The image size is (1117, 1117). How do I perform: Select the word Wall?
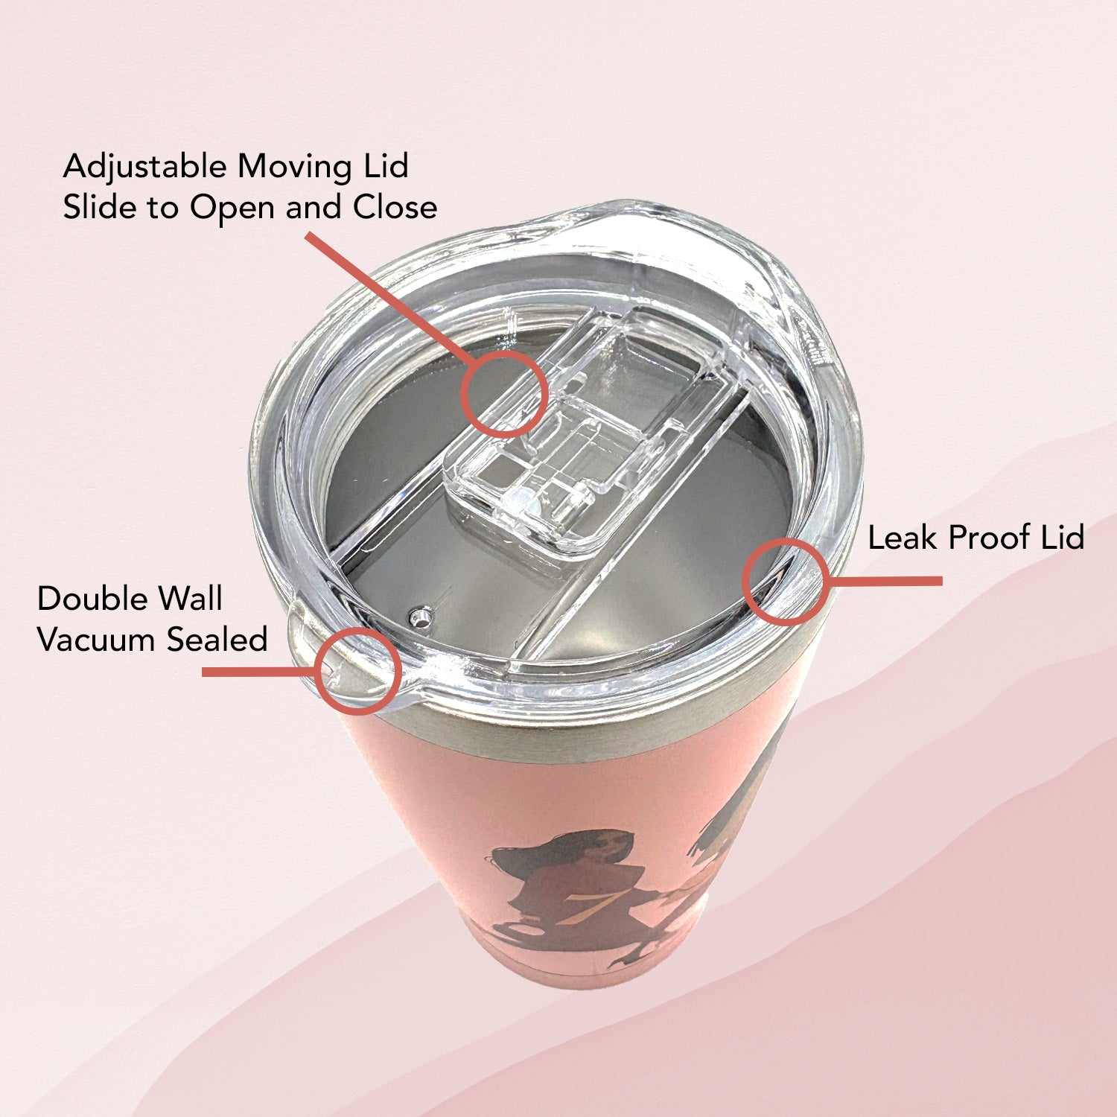click(x=192, y=599)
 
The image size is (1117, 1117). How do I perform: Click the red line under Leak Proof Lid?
click(x=886, y=581)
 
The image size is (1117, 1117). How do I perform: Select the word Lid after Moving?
click(x=386, y=167)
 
